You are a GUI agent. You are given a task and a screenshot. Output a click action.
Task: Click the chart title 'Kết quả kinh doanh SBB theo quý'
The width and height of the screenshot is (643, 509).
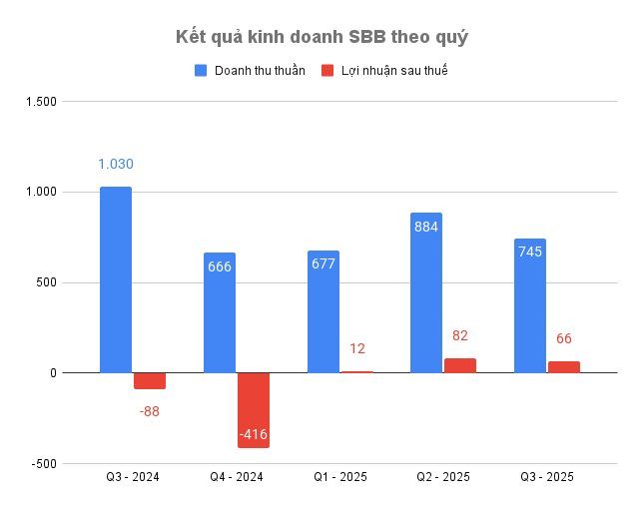321,37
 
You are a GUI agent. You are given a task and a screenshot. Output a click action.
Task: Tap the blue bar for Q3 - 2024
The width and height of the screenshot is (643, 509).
116,279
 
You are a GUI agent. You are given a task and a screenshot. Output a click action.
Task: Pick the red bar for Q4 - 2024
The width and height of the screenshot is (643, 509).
254,409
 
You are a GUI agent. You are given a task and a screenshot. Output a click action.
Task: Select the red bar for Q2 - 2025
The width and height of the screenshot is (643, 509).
460,365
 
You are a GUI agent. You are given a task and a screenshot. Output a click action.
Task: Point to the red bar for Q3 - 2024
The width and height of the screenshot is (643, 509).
150,380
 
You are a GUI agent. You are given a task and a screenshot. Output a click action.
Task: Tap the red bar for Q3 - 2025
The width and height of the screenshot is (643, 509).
564,366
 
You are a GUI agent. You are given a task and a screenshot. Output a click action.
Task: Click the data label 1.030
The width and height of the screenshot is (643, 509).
116,165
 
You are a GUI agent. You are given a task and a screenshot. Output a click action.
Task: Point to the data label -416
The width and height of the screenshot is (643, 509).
254,434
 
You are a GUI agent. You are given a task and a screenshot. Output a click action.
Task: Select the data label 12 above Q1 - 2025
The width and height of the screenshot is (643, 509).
357,348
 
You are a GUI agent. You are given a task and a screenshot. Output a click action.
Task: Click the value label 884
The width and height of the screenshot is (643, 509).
426,227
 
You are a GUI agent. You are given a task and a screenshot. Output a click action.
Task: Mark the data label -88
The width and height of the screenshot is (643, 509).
150,410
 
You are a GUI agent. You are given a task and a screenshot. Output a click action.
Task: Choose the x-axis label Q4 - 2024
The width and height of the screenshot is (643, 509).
236,478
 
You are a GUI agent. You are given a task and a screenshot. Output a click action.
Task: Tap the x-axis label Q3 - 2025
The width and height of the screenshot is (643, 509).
546,478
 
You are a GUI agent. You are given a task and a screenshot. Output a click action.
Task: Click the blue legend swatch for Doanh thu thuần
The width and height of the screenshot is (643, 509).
200,71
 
